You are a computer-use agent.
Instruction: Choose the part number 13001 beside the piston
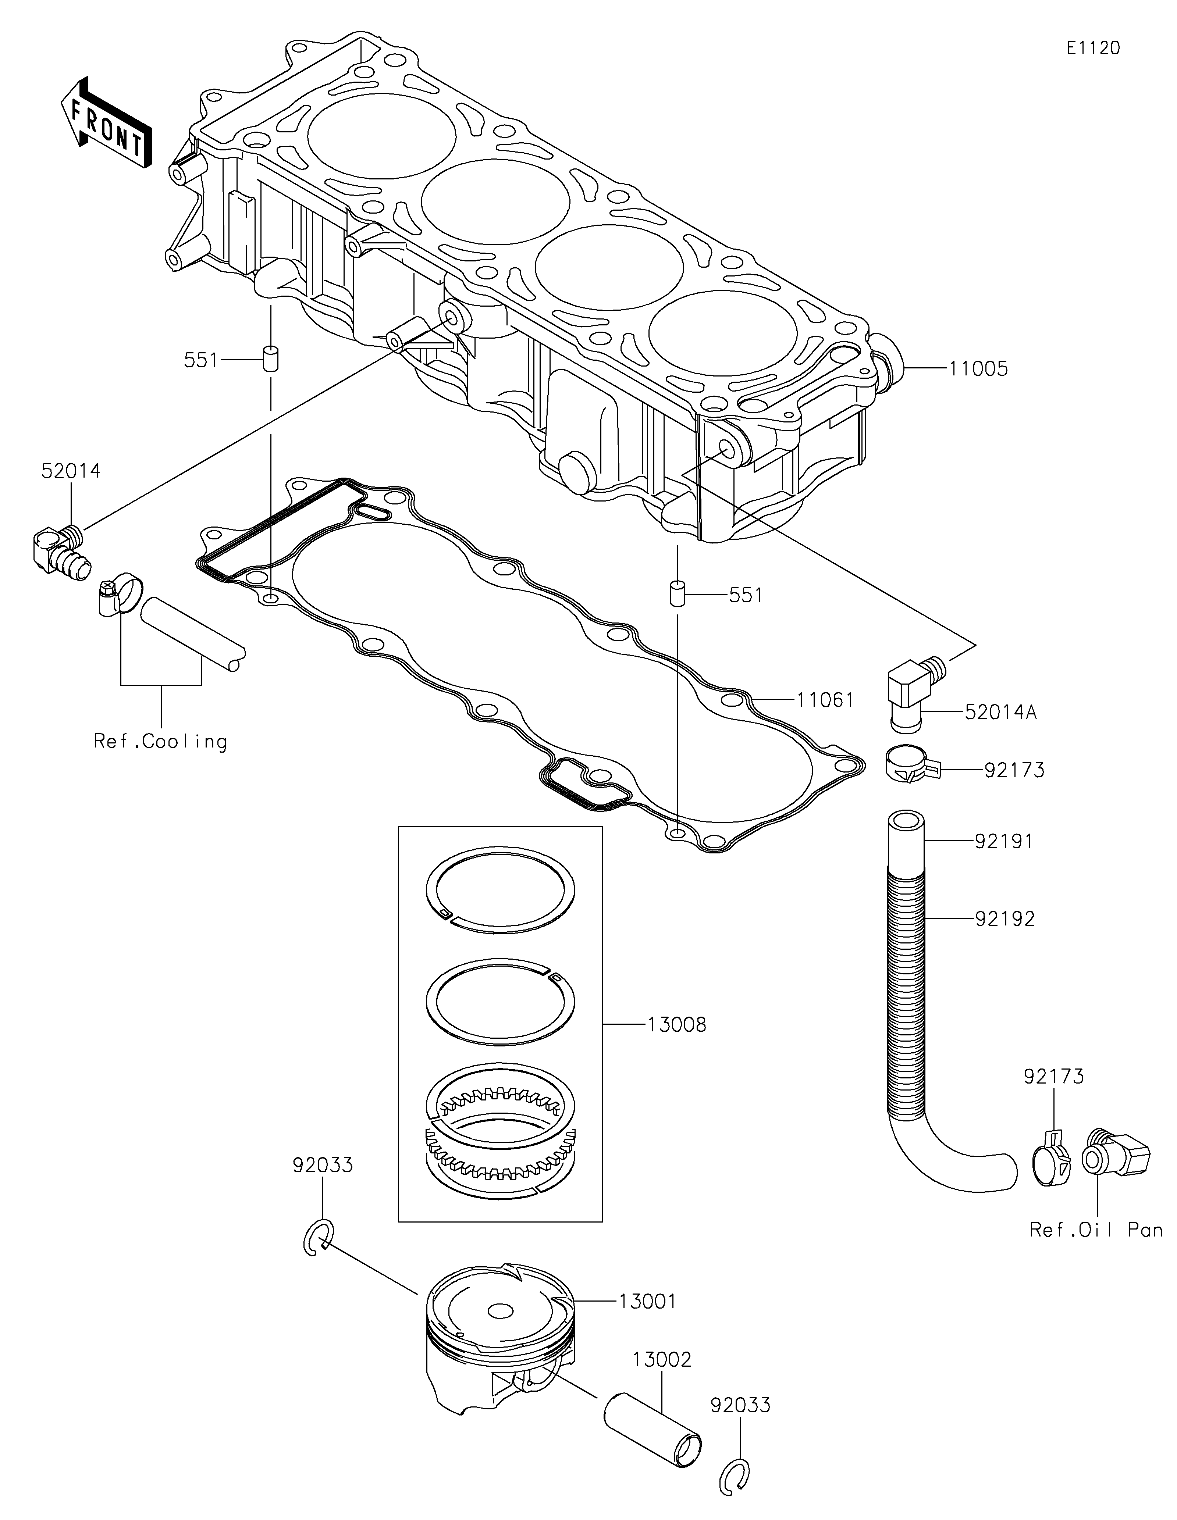[x=647, y=1301]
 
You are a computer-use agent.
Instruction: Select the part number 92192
[x=1004, y=919]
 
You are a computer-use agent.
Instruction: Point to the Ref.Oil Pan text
[x=1096, y=1230]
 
